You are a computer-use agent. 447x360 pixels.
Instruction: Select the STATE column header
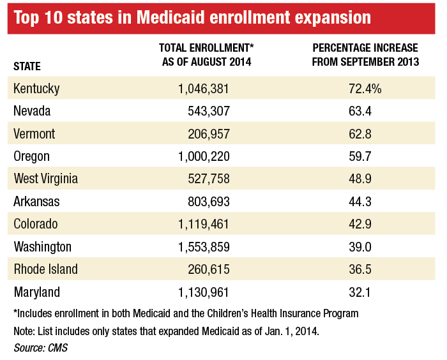[x=27, y=66]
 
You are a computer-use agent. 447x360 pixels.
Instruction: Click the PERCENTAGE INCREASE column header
[x=365, y=55]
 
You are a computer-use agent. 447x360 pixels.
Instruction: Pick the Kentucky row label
[x=36, y=89]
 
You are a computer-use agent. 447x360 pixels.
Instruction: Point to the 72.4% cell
[x=365, y=89]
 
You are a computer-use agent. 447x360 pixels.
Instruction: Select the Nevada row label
[x=32, y=111]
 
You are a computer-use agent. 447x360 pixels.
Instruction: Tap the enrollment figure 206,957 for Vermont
[x=206, y=134]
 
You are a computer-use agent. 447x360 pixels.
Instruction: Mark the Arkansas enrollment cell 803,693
[x=206, y=202]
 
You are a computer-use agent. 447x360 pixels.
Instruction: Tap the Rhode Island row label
[x=45, y=269]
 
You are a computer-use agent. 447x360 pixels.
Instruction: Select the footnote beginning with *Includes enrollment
[x=185, y=314]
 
